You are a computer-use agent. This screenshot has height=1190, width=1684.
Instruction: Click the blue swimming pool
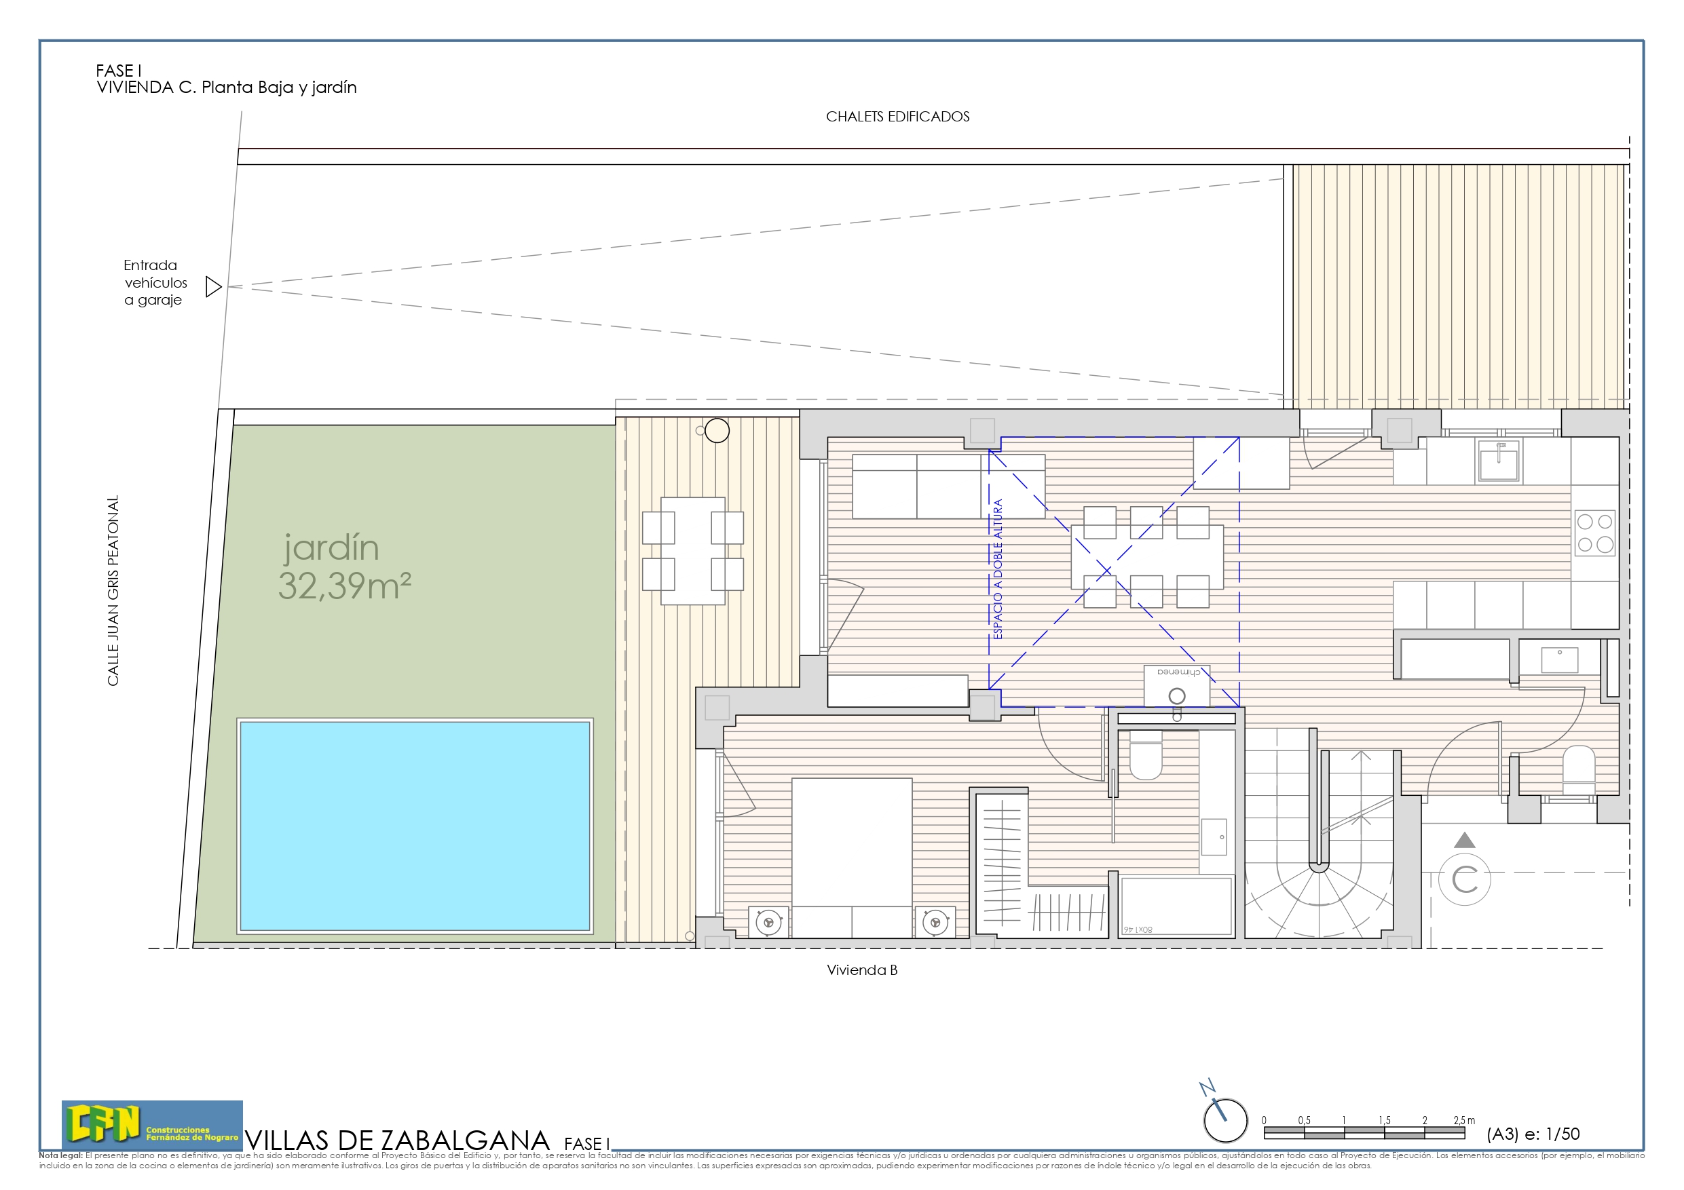pyautogui.click(x=415, y=826)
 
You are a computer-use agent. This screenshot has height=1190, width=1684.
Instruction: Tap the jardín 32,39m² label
pyautogui.click(x=343, y=567)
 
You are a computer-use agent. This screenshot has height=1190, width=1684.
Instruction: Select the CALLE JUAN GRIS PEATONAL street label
pyautogui.click(x=113, y=591)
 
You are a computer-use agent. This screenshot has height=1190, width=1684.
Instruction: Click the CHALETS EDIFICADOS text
pyautogui.click(x=897, y=117)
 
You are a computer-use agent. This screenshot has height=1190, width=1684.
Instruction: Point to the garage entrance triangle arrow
pyautogui.click(x=212, y=287)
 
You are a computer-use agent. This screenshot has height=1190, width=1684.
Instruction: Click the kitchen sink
pyautogui.click(x=1498, y=461)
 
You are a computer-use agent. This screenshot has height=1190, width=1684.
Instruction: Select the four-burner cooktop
pyautogui.click(x=1594, y=533)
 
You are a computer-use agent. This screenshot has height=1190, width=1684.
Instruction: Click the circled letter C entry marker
pyautogui.click(x=1464, y=879)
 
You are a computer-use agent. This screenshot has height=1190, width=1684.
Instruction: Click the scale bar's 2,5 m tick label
pyautogui.click(x=1464, y=1120)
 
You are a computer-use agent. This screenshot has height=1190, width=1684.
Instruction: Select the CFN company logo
pyautogui.click(x=152, y=1124)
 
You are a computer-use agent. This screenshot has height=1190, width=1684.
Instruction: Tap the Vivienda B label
pyautogui.click(x=862, y=970)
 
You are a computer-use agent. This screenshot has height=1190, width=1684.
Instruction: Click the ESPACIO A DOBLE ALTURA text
pyautogui.click(x=998, y=569)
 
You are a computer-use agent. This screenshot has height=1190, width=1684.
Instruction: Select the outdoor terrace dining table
pyautogui.click(x=692, y=551)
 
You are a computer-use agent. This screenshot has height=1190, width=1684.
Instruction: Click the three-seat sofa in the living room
pyautogui.click(x=948, y=486)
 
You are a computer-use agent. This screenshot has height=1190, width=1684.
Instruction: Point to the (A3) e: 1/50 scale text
pyautogui.click(x=1532, y=1134)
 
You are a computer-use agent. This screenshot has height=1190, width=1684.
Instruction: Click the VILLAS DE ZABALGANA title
pyautogui.click(x=397, y=1140)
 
